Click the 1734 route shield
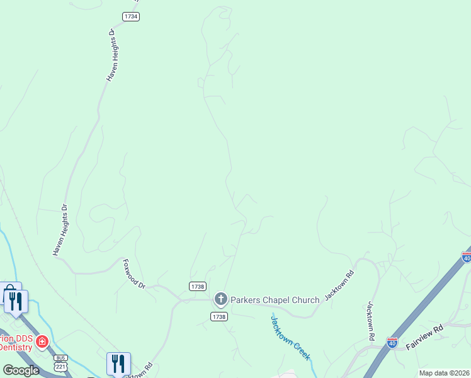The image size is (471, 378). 131,17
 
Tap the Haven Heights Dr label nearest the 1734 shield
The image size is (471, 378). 111,55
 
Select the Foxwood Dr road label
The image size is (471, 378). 134,274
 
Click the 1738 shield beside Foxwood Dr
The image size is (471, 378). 197,286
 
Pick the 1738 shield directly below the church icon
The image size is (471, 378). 219,316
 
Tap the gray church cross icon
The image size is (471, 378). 220,299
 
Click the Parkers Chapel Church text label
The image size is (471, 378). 275,300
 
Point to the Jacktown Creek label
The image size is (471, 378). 290,338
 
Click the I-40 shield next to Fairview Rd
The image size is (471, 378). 392,343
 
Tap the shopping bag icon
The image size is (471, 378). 10,292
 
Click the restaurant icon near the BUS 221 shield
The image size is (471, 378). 118,364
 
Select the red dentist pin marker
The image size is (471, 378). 42,341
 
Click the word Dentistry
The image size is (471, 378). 15,346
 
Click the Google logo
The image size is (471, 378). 21,370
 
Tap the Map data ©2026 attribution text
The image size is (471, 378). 445,373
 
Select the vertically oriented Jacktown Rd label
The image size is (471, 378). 371,321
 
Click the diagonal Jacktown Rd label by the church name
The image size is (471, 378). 339,285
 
